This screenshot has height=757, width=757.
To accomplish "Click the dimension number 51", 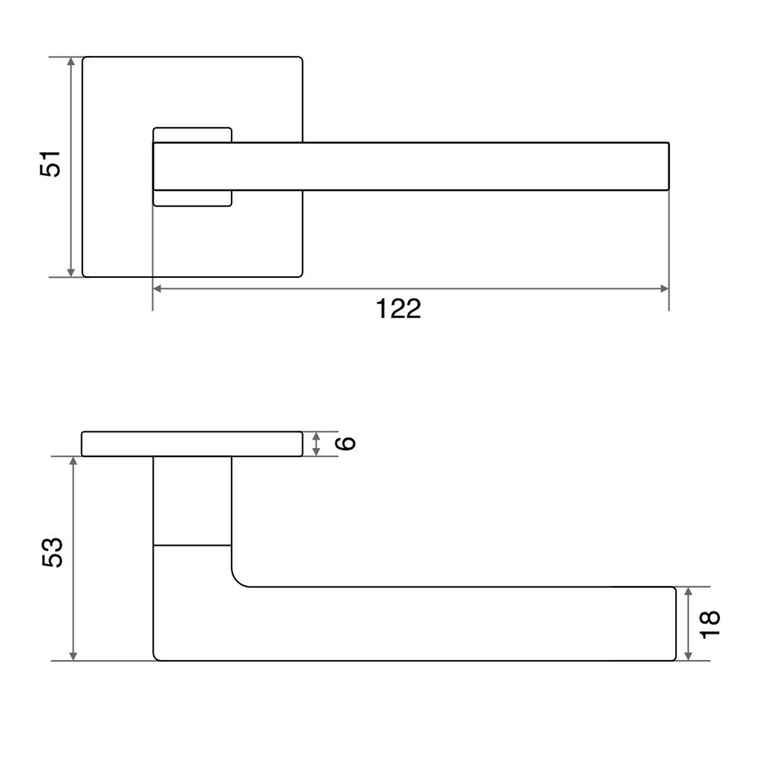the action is point(50,164).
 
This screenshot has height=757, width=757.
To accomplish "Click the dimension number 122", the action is point(398,308).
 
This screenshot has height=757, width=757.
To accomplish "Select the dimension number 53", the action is point(52,552).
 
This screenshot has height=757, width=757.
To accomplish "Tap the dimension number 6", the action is point(346,443).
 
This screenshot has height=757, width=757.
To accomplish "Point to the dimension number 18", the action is point(710,624).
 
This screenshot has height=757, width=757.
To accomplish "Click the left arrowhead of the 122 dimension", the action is point(157,289).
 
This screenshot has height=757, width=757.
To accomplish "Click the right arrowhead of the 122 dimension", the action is point(665,289).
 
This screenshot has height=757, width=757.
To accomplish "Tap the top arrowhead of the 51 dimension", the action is point(71,61).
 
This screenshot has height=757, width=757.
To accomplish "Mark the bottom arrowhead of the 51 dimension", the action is point(71,273).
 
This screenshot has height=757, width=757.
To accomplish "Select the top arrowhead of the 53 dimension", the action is point(73,461).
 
